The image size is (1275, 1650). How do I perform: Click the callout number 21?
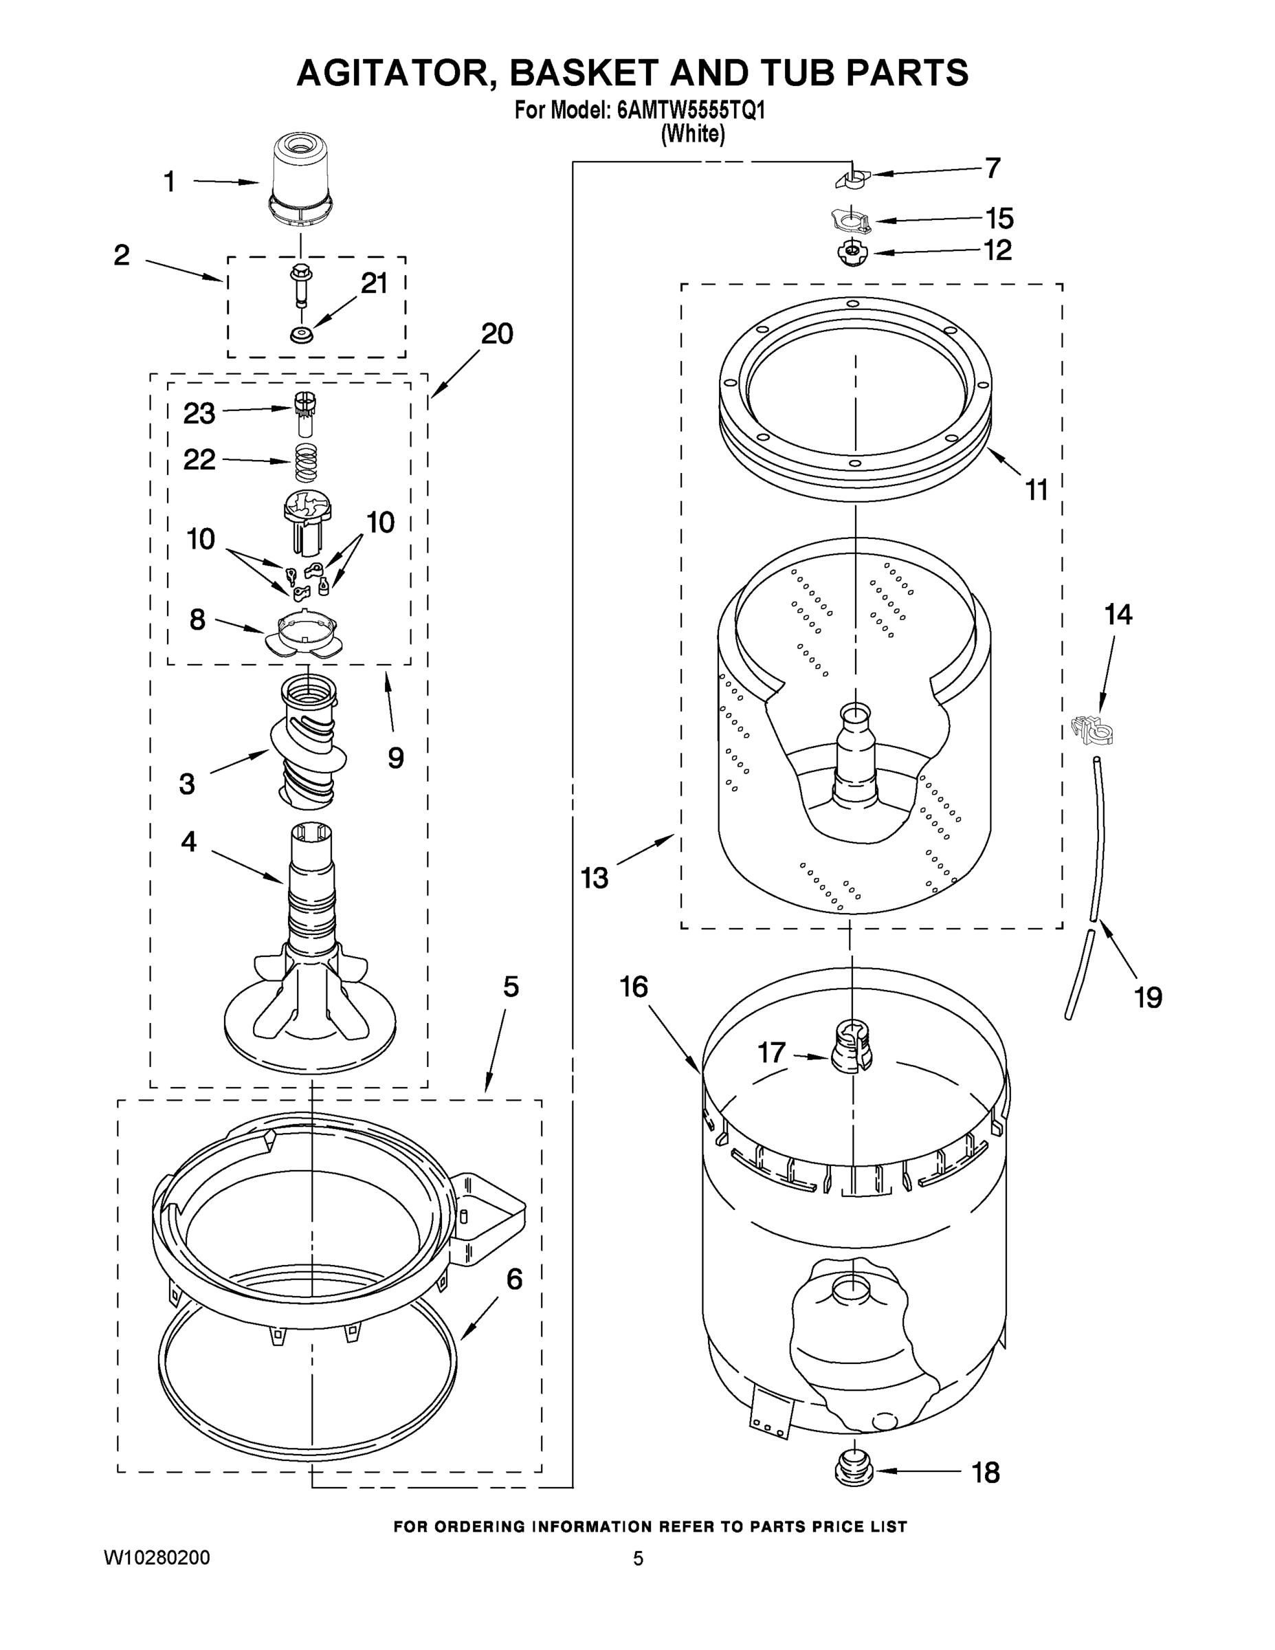tap(374, 283)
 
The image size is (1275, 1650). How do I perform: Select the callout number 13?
tap(595, 878)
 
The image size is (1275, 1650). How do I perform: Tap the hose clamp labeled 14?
tap(1092, 728)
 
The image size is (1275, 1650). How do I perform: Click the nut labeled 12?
tap(851, 252)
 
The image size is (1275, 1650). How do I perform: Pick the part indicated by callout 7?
tap(851, 178)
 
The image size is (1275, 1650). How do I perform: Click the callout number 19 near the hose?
tap(1147, 998)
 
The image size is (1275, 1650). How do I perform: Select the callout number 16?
tap(634, 987)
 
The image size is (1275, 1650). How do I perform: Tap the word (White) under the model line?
tap(693, 135)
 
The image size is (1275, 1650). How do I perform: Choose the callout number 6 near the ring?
tap(513, 1279)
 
